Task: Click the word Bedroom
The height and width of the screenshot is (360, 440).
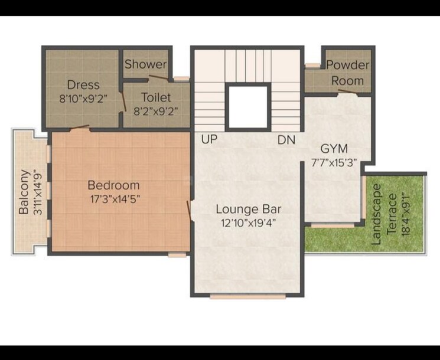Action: click(114, 185)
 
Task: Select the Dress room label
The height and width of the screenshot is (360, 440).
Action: click(83, 84)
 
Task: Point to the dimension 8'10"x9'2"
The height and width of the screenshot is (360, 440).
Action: click(83, 99)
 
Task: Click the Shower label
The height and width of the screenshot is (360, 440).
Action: click(145, 64)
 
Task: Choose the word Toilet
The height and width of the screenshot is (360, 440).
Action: click(156, 97)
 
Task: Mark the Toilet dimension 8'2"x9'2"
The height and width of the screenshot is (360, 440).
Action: click(156, 110)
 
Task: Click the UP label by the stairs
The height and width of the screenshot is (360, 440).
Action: click(209, 140)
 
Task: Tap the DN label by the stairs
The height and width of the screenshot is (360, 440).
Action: click(286, 140)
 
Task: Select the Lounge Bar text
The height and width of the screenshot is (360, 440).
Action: click(248, 209)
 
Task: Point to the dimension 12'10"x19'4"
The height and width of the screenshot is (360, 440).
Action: click(248, 222)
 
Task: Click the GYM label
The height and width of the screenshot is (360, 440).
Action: click(334, 148)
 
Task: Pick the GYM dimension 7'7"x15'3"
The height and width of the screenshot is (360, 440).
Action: click(335, 162)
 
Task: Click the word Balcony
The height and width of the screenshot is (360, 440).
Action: click(24, 192)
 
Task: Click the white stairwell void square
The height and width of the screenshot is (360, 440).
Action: click(248, 107)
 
